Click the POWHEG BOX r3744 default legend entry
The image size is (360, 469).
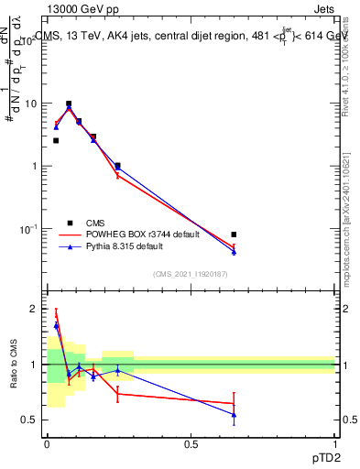pyautogui.click(x=128, y=234)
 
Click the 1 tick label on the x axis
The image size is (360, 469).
pyautogui.click(x=334, y=445)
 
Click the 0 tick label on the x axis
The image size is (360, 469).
pyautogui.click(x=47, y=445)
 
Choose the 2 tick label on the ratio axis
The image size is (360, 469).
pyautogui.click(x=35, y=309)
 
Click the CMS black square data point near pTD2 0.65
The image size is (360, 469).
pyautogui.click(x=234, y=234)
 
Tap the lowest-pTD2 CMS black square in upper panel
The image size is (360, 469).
pyautogui.click(x=56, y=140)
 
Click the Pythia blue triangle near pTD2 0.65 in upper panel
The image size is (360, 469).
pyautogui.click(x=234, y=252)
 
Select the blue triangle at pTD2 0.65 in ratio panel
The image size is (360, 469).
pyautogui.click(x=234, y=415)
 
